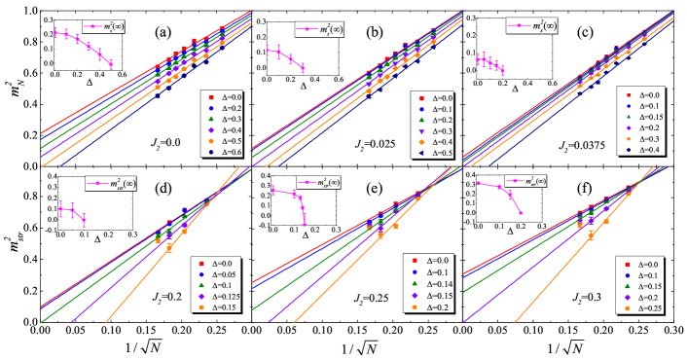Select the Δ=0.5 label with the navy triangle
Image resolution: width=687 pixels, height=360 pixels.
[x=441, y=153]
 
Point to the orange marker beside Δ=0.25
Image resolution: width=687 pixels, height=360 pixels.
[x=624, y=307]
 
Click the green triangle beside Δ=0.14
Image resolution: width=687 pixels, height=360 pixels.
[x=413, y=284]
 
